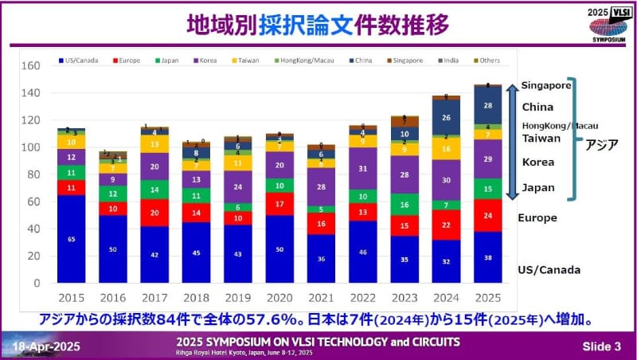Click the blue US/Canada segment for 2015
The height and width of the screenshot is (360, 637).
coord(72,238)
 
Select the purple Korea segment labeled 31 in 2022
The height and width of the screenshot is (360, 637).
coord(362,168)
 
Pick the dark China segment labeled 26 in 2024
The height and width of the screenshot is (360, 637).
coord(445,117)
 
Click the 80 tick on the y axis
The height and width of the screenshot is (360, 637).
coord(32,174)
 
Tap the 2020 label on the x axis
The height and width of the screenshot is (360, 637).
coord(279,297)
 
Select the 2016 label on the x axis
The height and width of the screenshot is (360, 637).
coord(113,297)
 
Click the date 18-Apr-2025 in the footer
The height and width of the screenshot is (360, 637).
coord(45,343)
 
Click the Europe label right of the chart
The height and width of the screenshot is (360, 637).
coord(538,217)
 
